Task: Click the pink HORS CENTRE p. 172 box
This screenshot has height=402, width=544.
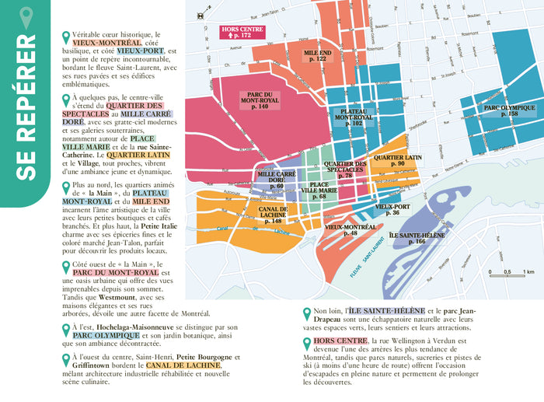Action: click(241, 32)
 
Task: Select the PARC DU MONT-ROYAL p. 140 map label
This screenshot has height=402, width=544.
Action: click(260, 99)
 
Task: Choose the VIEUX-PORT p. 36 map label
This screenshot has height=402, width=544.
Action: click(387, 209)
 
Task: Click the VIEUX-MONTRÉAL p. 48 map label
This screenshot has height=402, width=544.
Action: click(350, 229)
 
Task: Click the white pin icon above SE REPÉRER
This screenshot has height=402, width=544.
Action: click(26, 15)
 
